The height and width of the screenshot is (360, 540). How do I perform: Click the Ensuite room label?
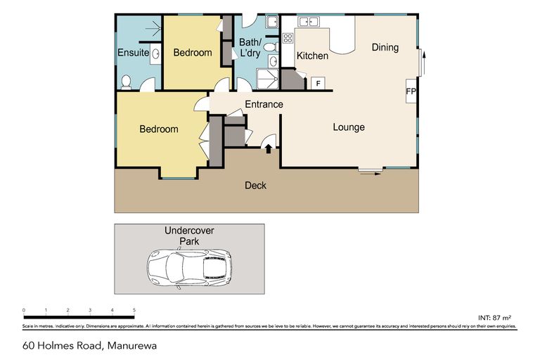(133, 53)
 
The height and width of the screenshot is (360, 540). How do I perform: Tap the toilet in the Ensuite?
(127, 82)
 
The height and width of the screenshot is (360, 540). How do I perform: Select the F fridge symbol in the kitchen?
(318, 84)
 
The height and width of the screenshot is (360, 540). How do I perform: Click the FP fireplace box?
(411, 91)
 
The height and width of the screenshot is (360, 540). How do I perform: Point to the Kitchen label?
(312, 56)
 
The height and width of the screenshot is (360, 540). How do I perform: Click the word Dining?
(385, 48)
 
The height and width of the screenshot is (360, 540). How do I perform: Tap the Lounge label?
(349, 127)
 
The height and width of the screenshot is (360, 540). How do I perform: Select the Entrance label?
(264, 105)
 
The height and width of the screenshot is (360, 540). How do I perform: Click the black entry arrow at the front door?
(268, 147)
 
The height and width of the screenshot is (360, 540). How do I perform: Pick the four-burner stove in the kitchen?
(288, 39)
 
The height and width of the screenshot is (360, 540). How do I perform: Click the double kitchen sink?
(309, 22)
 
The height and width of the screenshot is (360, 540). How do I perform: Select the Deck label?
(255, 186)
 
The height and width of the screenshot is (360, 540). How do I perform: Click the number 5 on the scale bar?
(134, 309)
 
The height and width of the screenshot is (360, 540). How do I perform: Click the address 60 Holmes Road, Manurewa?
(89, 345)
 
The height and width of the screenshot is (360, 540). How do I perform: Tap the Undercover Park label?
(189, 236)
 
